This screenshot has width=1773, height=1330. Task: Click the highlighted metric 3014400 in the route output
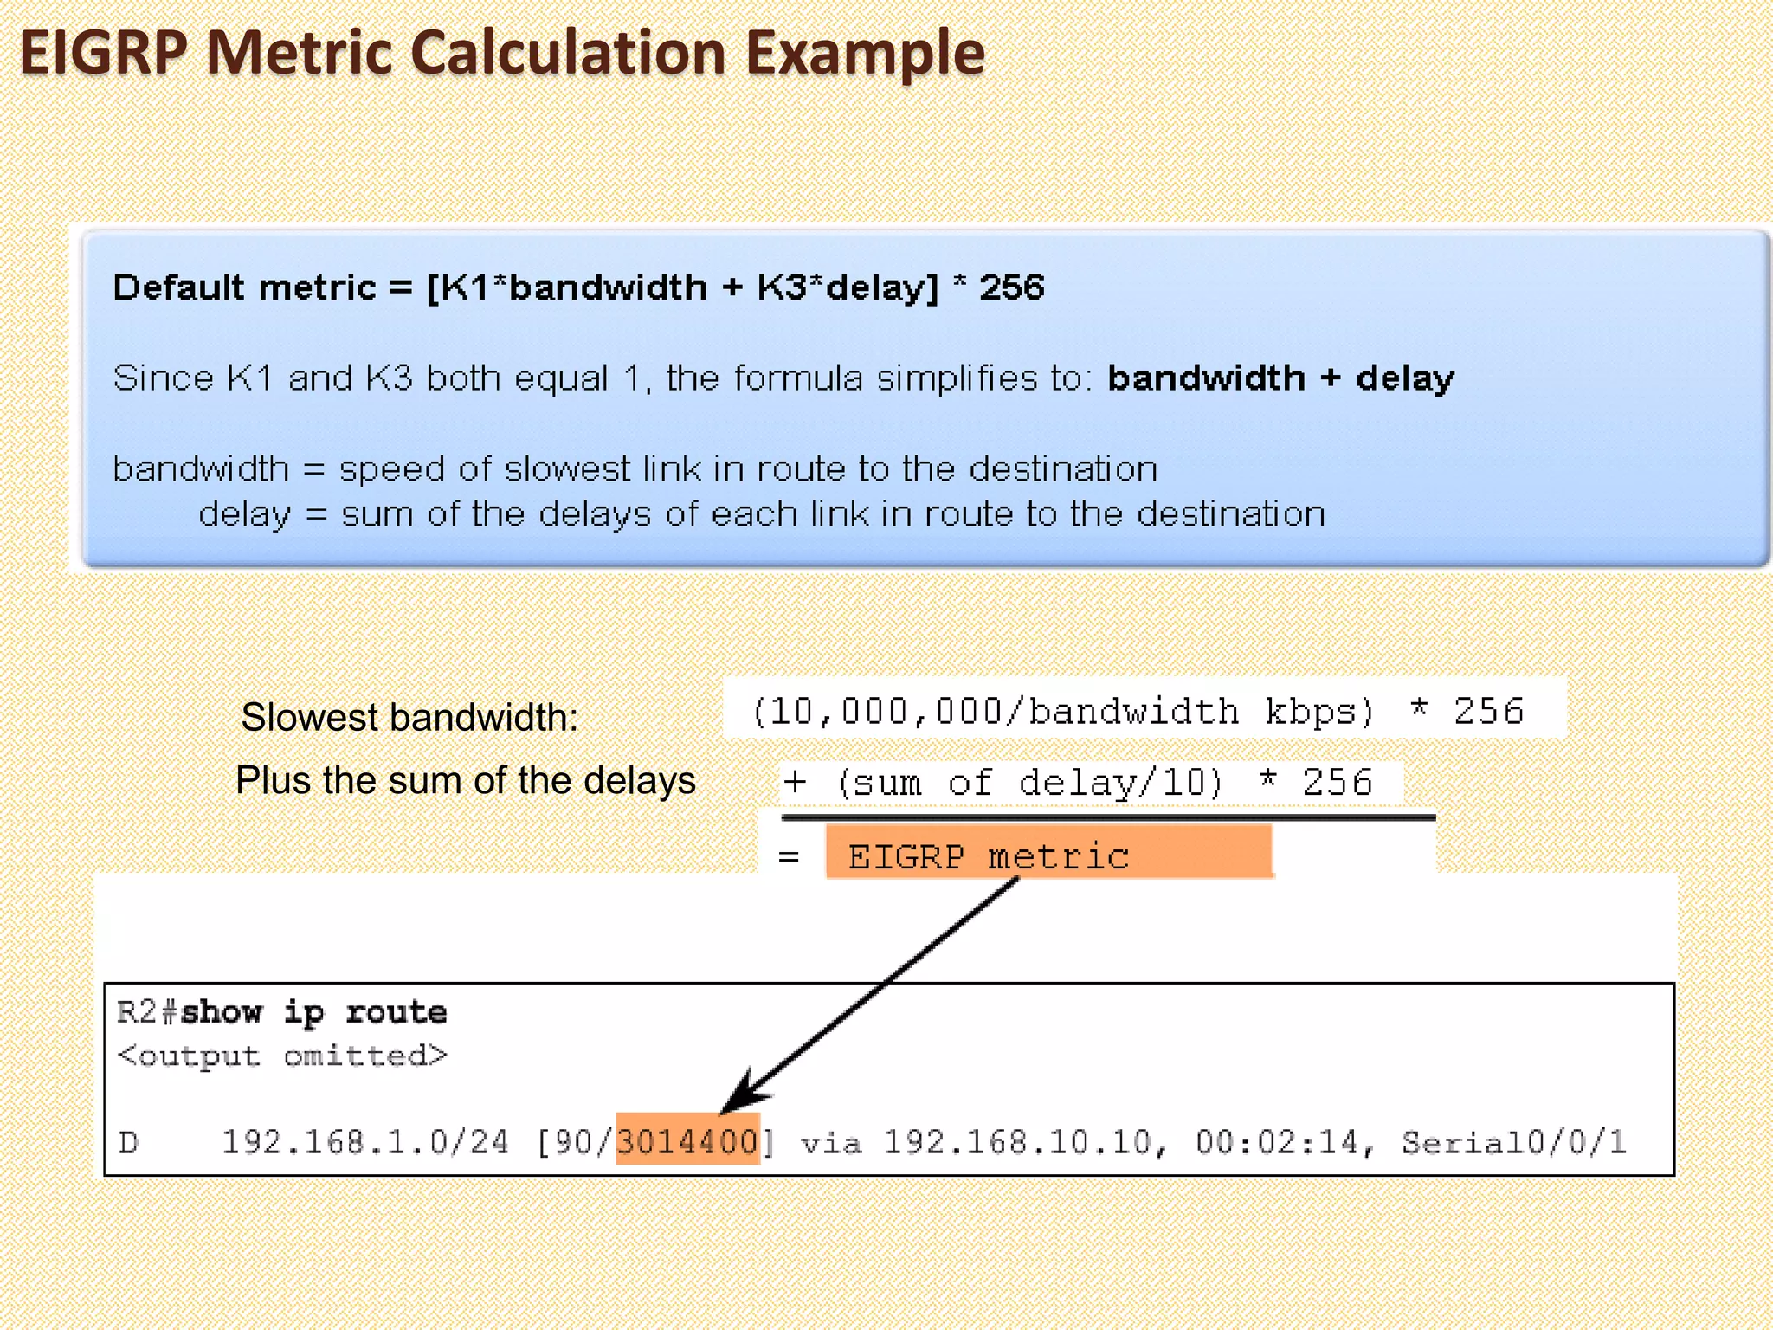(x=687, y=1141)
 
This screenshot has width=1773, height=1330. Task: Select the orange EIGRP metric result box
(x=1049, y=854)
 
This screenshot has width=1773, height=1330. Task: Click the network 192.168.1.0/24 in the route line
(x=365, y=1142)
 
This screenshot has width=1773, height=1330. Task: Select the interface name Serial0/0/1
(x=1514, y=1142)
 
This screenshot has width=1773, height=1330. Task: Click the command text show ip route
(x=313, y=1012)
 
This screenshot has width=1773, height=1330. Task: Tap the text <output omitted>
(x=282, y=1056)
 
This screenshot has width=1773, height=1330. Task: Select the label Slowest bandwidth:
(x=409, y=717)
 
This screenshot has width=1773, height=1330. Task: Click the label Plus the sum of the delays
(x=466, y=780)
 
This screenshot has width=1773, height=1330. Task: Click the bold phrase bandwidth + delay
(x=1280, y=378)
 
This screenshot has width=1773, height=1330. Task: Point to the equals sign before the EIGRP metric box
(x=789, y=857)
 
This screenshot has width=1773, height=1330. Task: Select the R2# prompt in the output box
(x=147, y=1012)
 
